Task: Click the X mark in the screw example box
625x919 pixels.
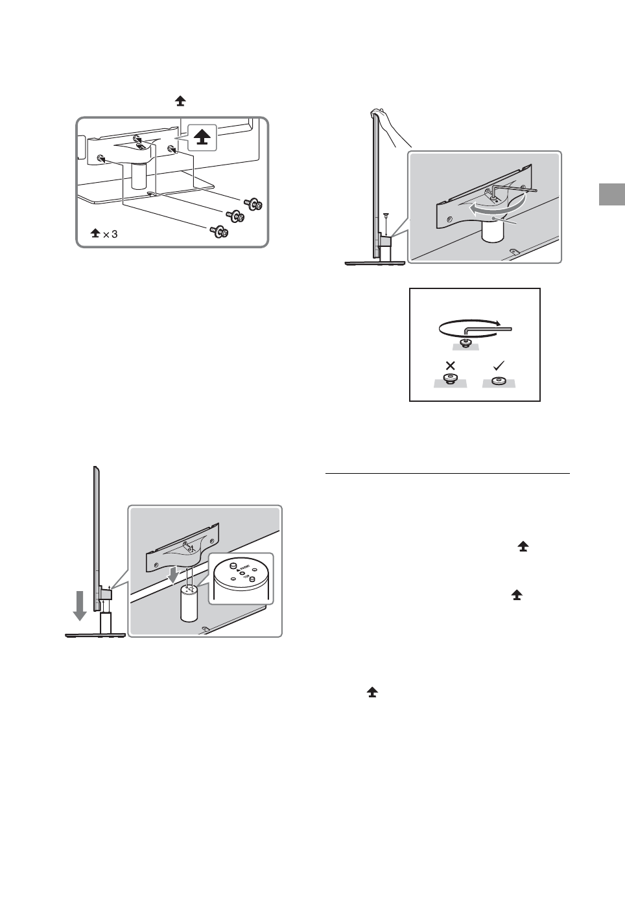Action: click(447, 366)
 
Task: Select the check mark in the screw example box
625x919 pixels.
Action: click(499, 365)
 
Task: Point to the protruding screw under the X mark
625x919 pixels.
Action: click(448, 379)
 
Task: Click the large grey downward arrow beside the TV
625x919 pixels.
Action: click(80, 604)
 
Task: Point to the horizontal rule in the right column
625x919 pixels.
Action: click(447, 473)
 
